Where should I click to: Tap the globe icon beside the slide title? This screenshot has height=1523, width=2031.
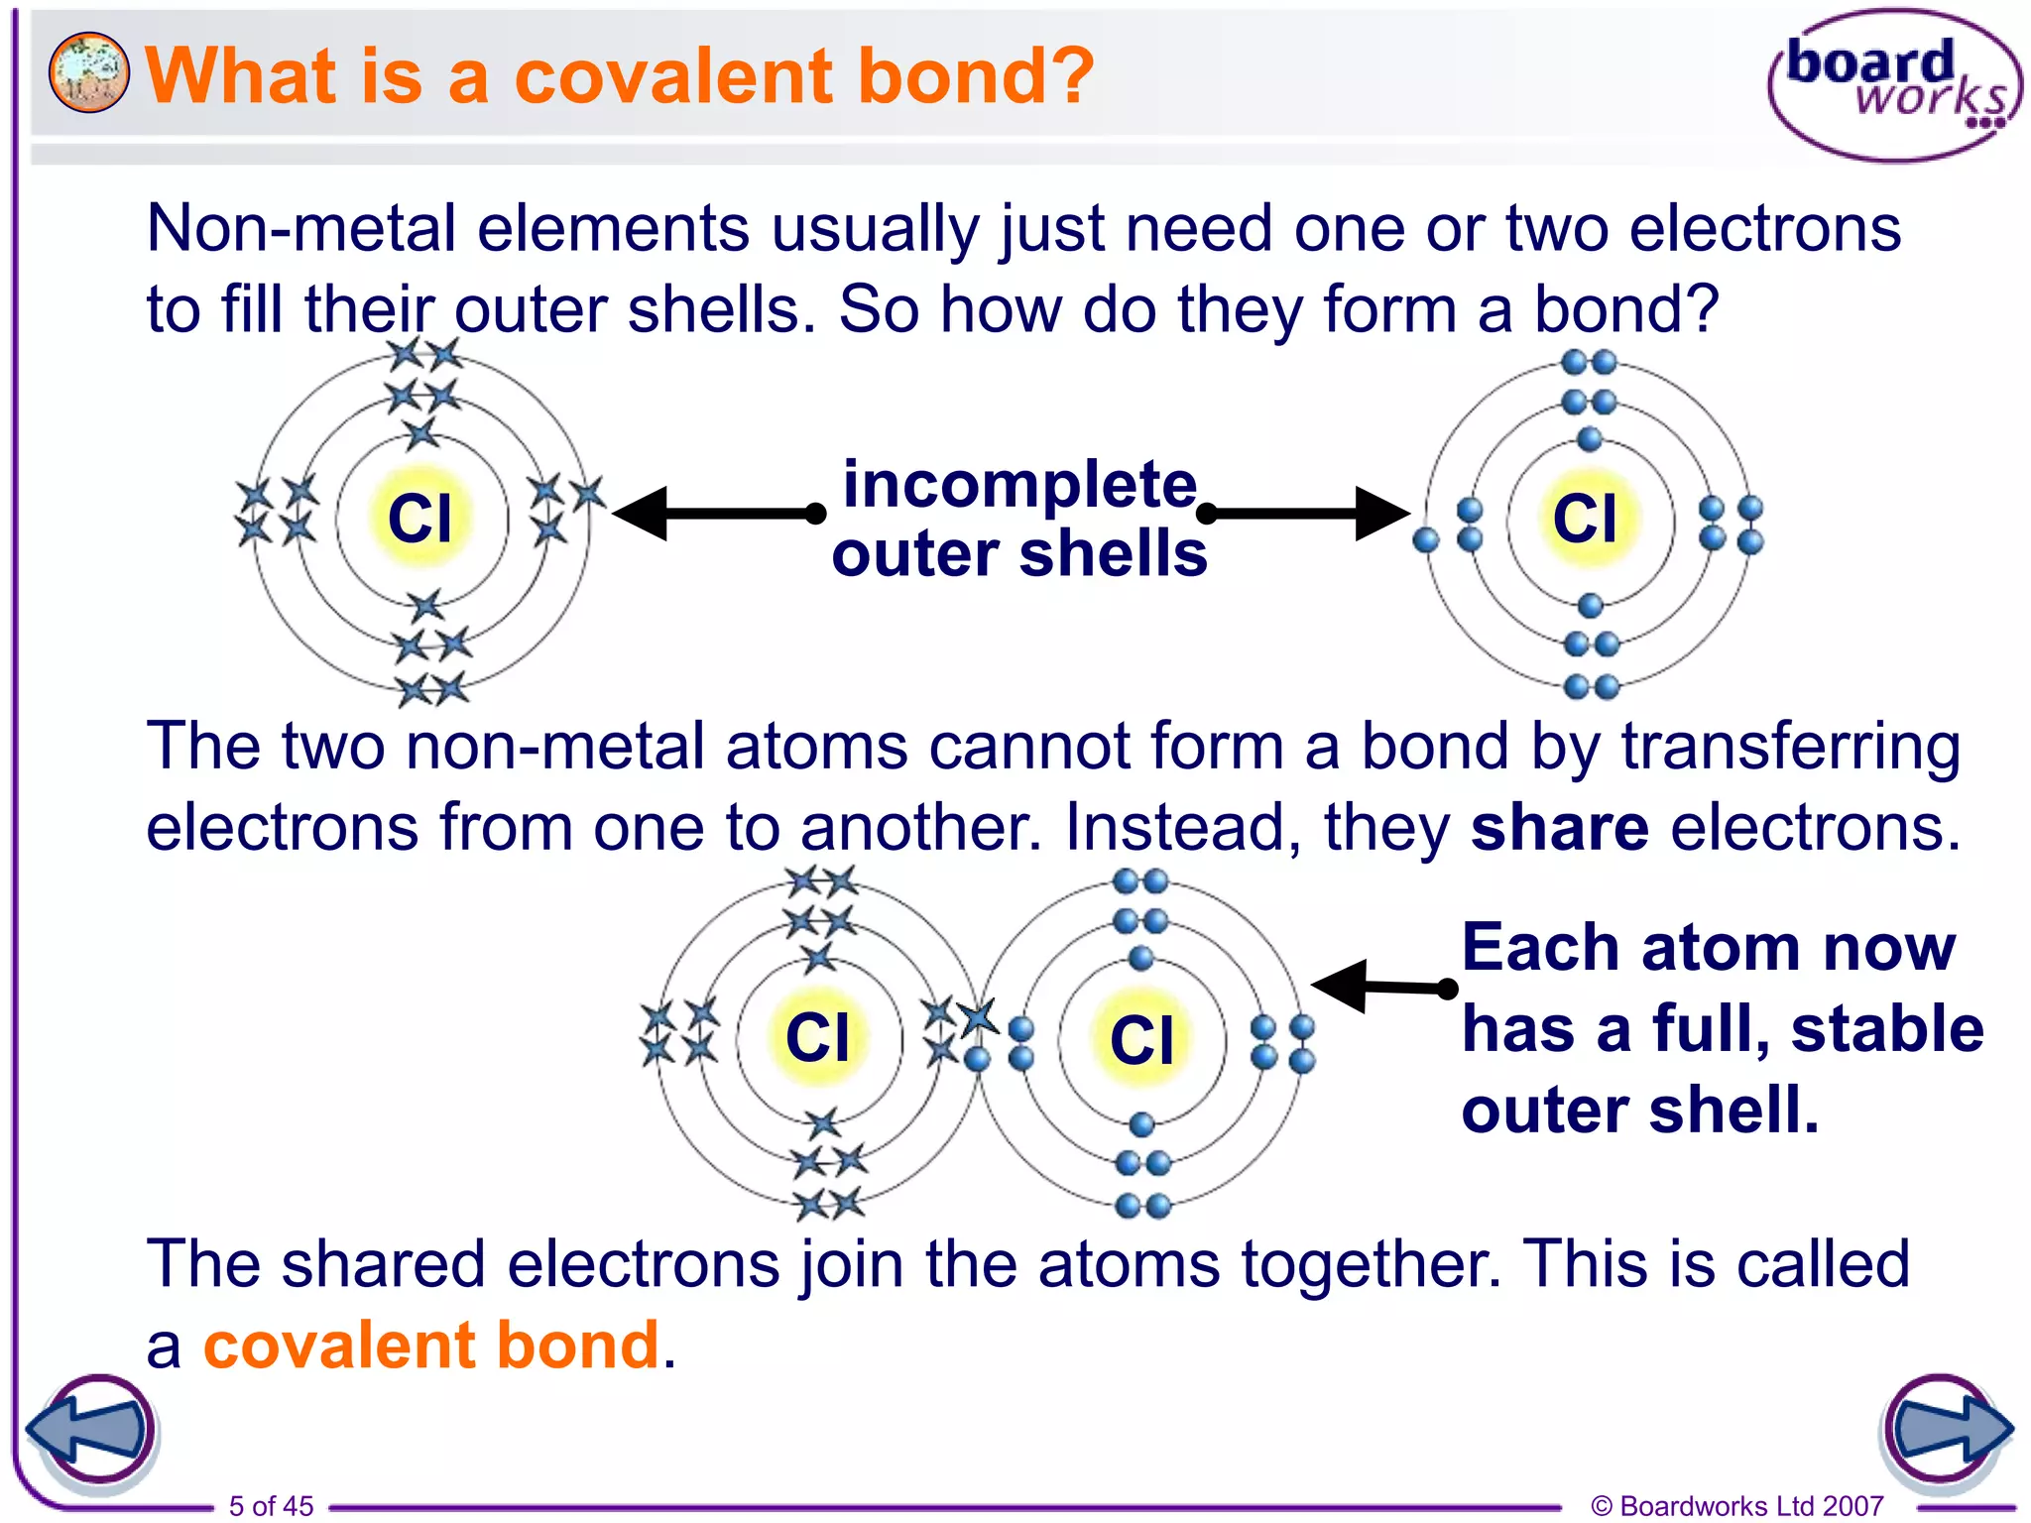point(88,72)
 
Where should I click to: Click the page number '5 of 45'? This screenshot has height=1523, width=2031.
point(271,1505)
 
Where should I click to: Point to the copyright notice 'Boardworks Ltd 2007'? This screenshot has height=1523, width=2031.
point(1737,1505)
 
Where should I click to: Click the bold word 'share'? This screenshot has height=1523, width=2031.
point(1559,828)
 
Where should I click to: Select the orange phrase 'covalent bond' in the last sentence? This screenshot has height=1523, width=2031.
point(431,1346)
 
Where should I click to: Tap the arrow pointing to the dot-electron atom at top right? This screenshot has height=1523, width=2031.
point(1305,513)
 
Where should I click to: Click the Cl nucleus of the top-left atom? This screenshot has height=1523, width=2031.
point(420,518)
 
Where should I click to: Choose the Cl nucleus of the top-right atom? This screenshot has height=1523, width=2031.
point(1585,518)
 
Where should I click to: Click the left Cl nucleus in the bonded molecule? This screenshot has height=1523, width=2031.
point(817,1037)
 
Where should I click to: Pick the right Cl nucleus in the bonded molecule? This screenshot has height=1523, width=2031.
point(1141,1039)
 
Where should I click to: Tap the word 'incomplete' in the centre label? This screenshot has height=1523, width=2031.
point(1019,485)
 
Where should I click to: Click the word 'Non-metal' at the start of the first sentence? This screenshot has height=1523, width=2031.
point(299,229)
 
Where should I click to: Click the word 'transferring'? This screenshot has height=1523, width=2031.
point(1790,747)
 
